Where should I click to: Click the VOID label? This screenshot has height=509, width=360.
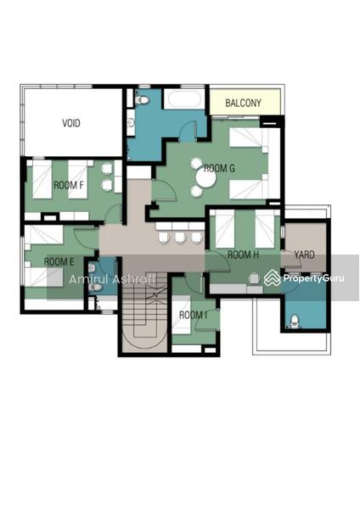click(x=71, y=123)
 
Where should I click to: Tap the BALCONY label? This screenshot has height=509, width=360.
click(x=243, y=103)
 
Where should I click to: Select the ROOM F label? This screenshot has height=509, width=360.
click(x=69, y=185)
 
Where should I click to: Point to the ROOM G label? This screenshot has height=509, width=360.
click(x=219, y=168)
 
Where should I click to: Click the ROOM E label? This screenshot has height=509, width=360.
click(x=59, y=261)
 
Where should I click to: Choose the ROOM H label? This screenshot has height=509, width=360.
click(x=243, y=255)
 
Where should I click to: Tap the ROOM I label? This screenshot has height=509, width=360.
click(x=194, y=315)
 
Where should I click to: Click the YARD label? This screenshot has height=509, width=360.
click(x=305, y=255)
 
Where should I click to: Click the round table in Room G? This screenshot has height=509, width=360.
click(x=205, y=178)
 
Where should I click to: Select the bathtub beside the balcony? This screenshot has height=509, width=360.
click(x=184, y=98)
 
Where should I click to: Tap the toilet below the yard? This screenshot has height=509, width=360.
click(x=295, y=321)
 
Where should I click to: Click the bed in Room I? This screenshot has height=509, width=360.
click(x=181, y=314)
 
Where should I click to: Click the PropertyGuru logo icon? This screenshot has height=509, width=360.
click(x=272, y=278)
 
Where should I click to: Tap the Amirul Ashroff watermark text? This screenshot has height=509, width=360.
click(x=113, y=279)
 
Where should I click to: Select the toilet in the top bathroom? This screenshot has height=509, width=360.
click(x=142, y=99)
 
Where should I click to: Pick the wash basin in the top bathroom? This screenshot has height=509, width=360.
click(x=131, y=122)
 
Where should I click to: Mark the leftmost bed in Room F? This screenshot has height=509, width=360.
click(x=42, y=180)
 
